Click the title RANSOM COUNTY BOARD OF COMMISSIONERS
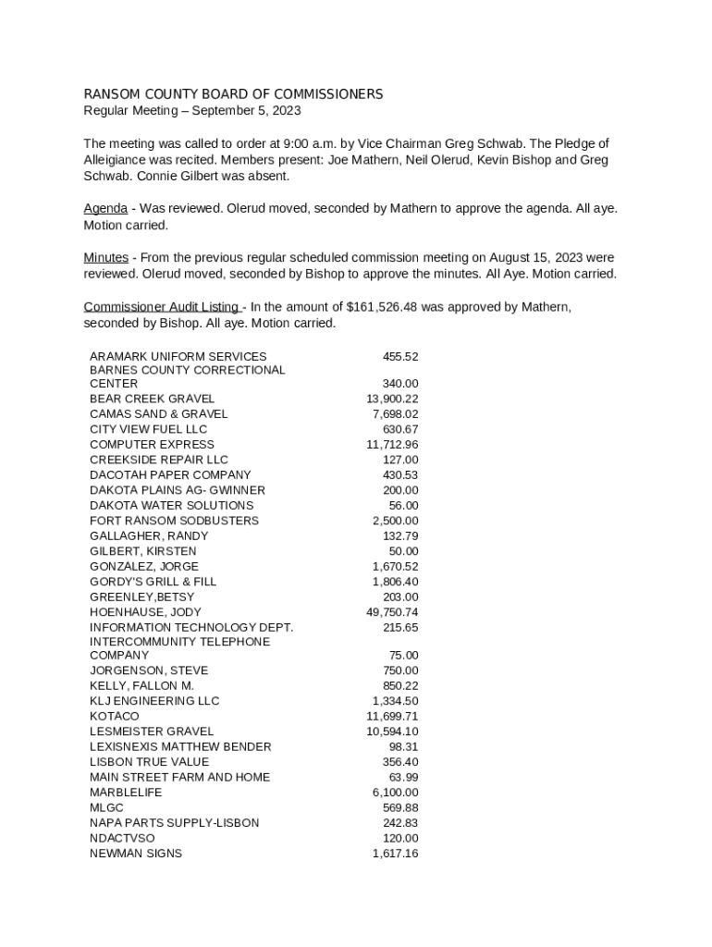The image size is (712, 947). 233,94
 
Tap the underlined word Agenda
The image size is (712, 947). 105,209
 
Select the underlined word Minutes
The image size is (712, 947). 106,258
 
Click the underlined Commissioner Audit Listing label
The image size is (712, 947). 162,307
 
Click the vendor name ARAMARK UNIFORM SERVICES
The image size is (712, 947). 178,357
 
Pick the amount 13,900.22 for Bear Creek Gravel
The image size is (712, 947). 392,399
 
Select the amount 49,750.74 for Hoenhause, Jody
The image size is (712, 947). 392,612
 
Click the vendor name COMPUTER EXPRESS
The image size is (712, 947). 152,445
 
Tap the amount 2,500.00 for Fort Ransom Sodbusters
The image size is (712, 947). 395,521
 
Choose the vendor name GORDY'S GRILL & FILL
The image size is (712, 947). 153,582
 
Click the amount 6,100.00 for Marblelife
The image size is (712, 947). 395,793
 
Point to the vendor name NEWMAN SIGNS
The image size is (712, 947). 136,854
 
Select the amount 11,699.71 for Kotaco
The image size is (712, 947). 392,717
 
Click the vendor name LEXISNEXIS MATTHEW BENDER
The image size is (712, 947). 180,747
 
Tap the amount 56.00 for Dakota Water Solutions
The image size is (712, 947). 403,506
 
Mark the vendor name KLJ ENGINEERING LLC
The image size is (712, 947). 154,701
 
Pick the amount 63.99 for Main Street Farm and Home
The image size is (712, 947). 403,778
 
